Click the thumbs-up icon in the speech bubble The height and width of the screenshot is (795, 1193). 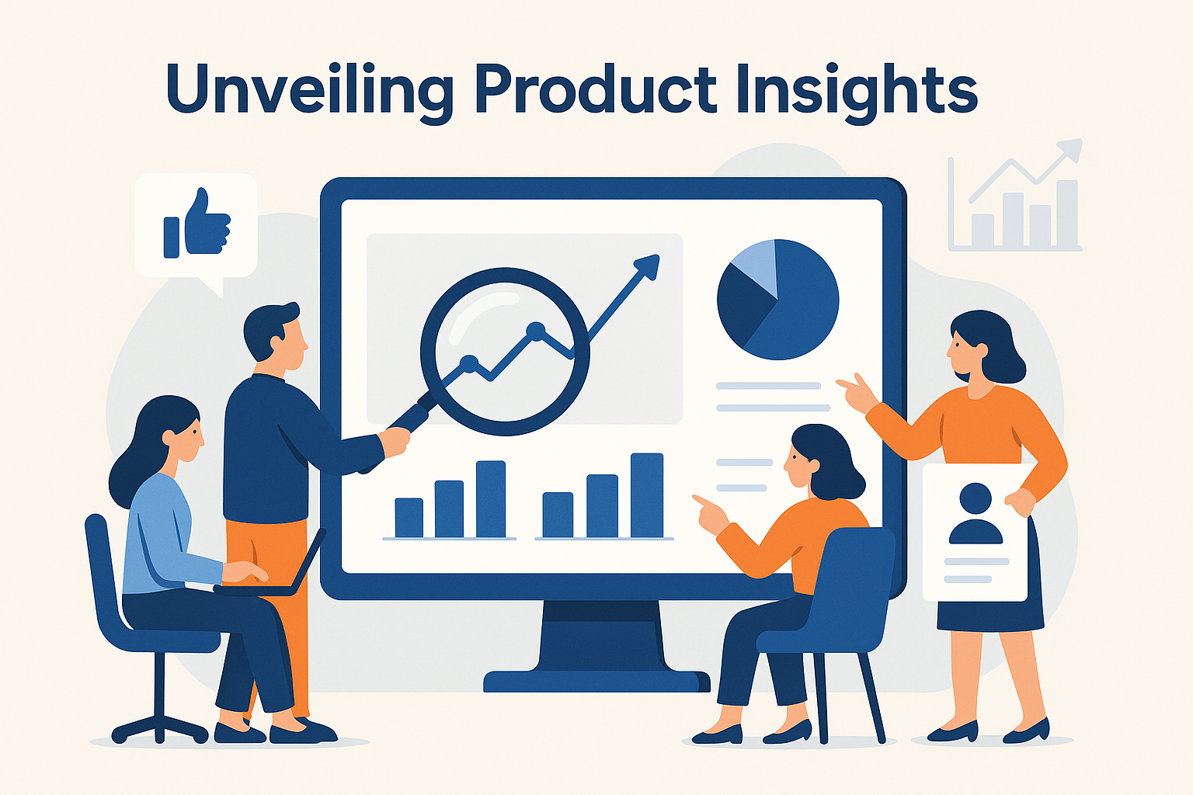(x=197, y=223)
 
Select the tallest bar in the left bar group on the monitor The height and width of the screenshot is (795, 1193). (x=491, y=499)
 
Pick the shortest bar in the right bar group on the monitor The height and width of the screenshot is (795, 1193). (x=558, y=515)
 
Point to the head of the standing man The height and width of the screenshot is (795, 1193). (x=275, y=336)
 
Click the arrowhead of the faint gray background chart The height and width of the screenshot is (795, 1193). (x=1071, y=149)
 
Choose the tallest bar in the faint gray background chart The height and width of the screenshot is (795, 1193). (x=1066, y=214)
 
